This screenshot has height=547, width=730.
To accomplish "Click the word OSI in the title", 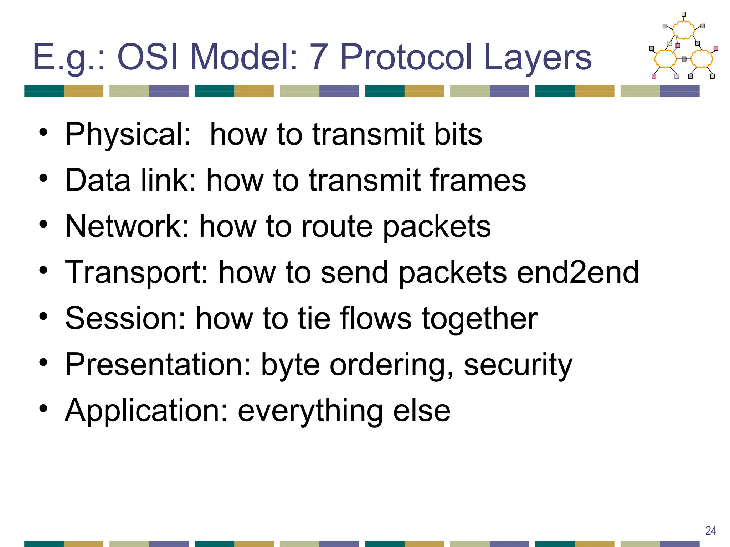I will pyautogui.click(x=148, y=57).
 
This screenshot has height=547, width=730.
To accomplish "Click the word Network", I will pyautogui.click(x=127, y=226).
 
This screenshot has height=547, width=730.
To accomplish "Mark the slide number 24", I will pyautogui.click(x=711, y=531).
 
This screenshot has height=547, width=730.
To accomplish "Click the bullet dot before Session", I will pyautogui.click(x=43, y=317).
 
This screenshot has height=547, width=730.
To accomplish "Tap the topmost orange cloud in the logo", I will pyautogui.click(x=683, y=30).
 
